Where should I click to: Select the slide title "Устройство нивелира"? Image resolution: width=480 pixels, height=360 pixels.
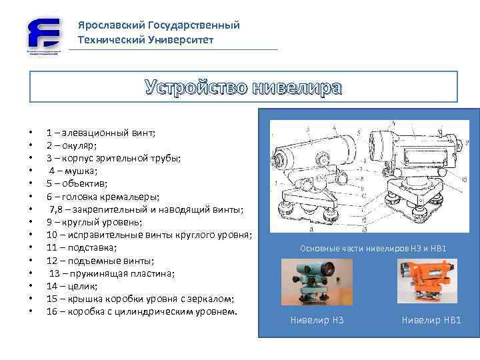[x=243, y=87]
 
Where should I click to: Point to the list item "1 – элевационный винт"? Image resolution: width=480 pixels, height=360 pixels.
[x=101, y=133]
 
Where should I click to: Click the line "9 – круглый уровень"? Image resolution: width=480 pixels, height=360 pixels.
[x=93, y=222]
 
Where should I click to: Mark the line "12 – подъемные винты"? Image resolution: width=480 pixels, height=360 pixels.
[x=100, y=260]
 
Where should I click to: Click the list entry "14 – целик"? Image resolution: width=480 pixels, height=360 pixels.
[x=73, y=286]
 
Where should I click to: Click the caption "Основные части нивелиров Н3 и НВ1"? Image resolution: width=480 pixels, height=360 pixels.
[x=373, y=249]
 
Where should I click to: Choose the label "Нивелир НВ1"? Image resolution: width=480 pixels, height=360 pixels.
[x=431, y=321]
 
